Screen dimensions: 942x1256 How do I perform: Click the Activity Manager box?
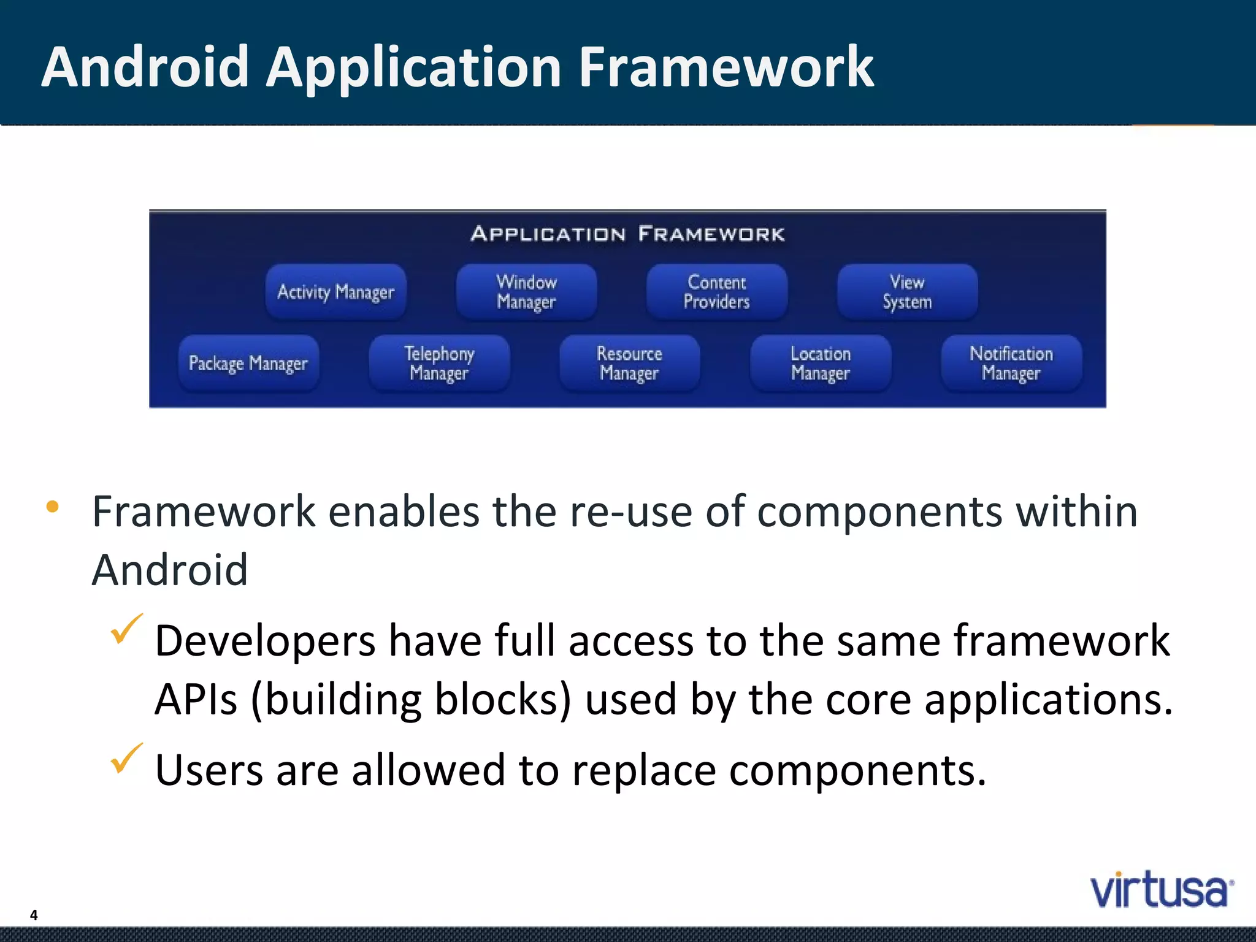click(335, 292)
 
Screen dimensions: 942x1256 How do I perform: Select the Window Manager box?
click(526, 292)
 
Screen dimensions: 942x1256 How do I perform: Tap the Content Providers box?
click(716, 292)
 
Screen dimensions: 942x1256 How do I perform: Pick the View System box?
click(907, 292)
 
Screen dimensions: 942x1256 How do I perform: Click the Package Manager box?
click(248, 363)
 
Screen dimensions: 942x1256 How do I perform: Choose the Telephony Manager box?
click(439, 363)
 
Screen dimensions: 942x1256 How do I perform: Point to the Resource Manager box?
click(629, 363)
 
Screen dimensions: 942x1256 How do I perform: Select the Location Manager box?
click(820, 363)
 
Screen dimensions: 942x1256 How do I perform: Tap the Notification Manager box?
click(1011, 363)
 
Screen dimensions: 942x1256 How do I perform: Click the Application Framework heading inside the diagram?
click(627, 234)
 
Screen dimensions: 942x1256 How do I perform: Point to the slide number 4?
click(34, 915)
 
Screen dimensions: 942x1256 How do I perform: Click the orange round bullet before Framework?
click(53, 507)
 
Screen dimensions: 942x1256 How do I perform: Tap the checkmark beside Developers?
click(126, 629)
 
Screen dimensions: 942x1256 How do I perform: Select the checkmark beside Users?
click(126, 759)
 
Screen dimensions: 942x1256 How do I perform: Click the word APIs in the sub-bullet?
click(196, 700)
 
